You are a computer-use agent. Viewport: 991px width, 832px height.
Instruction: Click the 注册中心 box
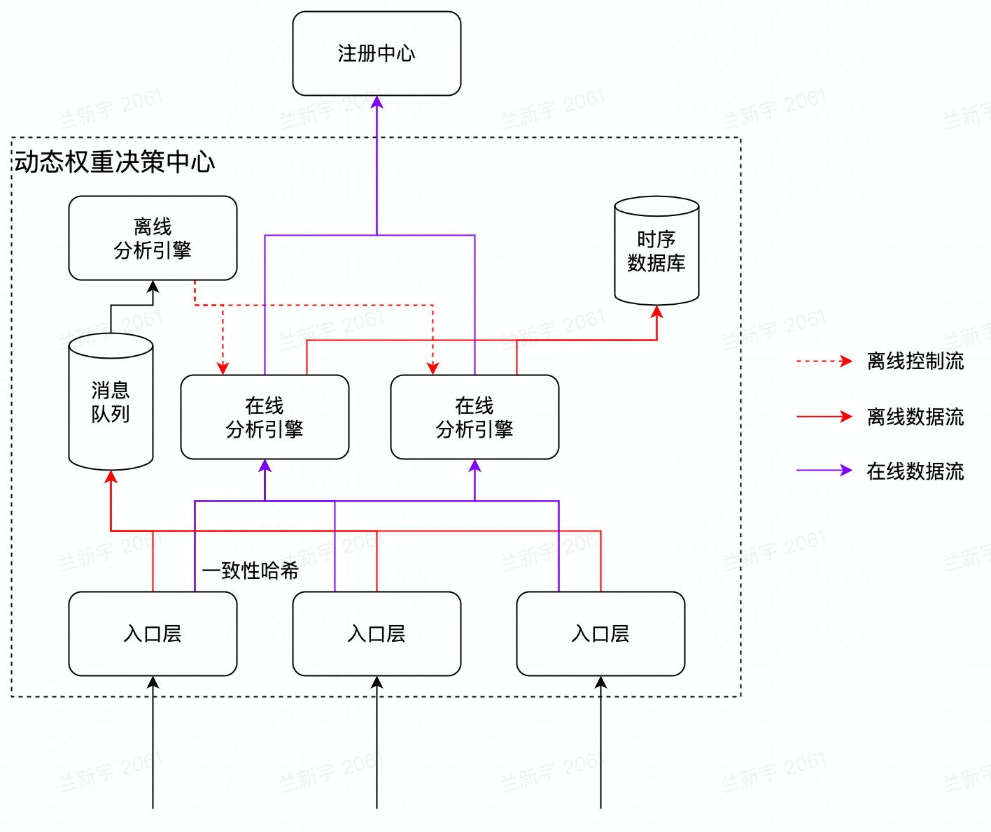tap(377, 53)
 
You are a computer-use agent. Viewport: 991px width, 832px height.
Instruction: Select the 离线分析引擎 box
tap(153, 238)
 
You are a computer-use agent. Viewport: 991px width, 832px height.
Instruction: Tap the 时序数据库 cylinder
tap(656, 252)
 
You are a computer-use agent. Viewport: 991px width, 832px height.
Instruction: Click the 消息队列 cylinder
tap(111, 402)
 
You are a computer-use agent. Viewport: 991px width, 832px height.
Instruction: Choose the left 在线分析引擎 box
tap(265, 417)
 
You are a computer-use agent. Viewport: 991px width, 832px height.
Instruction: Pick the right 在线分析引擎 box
tap(475, 417)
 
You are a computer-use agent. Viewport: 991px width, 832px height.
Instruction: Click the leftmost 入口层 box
tap(153, 633)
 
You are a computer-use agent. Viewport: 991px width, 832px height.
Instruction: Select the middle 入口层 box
tap(377, 633)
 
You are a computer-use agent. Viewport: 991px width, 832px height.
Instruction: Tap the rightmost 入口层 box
tap(600, 633)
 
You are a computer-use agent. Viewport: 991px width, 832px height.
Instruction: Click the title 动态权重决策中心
tap(115, 162)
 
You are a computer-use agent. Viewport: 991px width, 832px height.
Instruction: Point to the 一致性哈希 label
tap(250, 571)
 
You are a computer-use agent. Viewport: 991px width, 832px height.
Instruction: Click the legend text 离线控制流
tap(915, 361)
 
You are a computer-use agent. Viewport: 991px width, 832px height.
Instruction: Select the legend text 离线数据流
tap(915, 417)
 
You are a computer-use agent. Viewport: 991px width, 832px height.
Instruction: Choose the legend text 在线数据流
tap(915, 471)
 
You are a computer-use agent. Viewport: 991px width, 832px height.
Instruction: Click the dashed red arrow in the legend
tap(824, 361)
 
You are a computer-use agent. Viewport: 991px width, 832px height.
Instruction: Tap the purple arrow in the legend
tap(824, 471)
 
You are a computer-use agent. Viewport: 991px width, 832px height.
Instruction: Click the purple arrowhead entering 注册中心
tap(377, 103)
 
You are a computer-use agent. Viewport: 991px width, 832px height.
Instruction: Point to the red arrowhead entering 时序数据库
tap(656, 313)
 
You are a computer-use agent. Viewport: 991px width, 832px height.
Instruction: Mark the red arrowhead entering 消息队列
tap(111, 478)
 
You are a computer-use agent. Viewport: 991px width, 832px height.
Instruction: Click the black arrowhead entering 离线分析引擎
tap(153, 287)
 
